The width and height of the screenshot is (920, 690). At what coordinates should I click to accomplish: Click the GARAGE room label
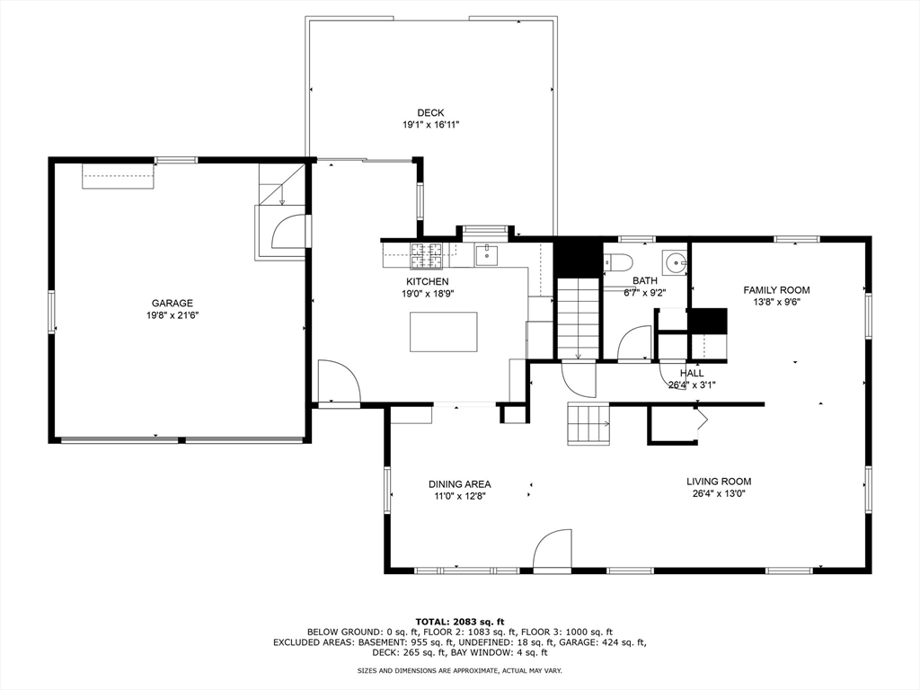172,304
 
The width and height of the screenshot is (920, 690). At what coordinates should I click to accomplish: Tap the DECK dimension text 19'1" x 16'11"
431,125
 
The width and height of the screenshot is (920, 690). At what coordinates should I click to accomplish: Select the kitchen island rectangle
444,332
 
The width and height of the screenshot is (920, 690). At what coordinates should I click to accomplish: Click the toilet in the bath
620,262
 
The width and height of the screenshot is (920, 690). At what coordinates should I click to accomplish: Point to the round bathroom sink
674,262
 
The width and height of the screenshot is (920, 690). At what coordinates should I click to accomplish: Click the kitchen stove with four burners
427,257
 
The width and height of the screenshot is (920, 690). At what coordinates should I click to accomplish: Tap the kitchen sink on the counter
486,256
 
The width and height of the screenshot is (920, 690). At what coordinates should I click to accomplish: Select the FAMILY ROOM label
776,290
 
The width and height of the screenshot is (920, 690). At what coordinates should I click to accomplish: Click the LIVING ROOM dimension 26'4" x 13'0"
719,493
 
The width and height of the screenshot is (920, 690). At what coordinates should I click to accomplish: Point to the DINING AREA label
459,484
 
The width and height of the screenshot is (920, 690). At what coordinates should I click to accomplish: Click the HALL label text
692,373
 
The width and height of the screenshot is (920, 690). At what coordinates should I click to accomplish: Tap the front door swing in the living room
553,550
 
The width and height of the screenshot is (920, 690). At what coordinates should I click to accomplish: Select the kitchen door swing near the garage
339,383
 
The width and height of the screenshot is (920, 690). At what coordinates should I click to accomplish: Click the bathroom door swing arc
635,343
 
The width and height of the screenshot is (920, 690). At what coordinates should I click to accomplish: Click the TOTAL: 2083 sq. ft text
459,622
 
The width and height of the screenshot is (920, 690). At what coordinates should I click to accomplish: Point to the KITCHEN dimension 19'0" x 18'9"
427,293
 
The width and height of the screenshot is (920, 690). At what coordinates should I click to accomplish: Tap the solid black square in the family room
707,322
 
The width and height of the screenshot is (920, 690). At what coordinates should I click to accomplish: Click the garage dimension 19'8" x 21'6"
172,315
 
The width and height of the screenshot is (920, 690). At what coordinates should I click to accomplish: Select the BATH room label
644,281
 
